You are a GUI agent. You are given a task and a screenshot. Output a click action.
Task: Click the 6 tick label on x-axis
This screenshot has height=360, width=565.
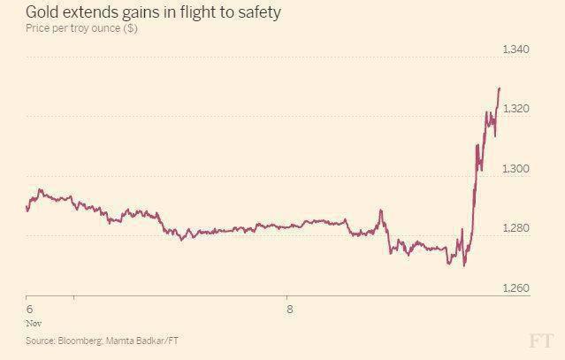click(x=29, y=310)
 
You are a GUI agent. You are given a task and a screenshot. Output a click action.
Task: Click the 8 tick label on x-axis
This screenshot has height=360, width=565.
click(x=288, y=310)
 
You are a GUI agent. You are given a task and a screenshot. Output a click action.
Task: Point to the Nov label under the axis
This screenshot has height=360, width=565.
click(x=32, y=324)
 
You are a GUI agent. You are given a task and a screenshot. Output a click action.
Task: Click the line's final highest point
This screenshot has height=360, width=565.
click(x=500, y=88)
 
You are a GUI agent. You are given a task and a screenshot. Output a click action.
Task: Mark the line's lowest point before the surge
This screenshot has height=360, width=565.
click(x=463, y=265)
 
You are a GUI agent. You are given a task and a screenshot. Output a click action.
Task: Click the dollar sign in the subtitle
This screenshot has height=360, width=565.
click(x=130, y=29)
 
